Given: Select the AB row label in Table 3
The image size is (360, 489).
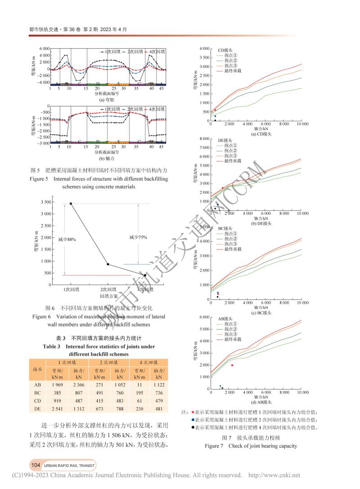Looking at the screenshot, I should tap(38, 385).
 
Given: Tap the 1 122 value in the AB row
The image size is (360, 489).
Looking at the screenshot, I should tap(158, 385).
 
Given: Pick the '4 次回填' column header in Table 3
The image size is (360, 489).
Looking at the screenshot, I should tap(148, 362).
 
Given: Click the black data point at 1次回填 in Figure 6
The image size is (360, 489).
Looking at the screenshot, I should tap(71, 204).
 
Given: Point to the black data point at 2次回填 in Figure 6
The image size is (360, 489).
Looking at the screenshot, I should tap(108, 264).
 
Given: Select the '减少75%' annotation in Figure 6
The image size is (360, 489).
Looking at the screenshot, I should tap(138, 237).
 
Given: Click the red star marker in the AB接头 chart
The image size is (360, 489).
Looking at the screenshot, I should tap(232, 365).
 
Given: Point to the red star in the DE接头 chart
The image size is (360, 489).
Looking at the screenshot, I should tap(222, 188).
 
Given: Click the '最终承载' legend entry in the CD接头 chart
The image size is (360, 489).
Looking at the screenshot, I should tap(233, 71).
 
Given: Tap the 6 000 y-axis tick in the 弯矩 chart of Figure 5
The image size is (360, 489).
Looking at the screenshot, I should tap(43, 48).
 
